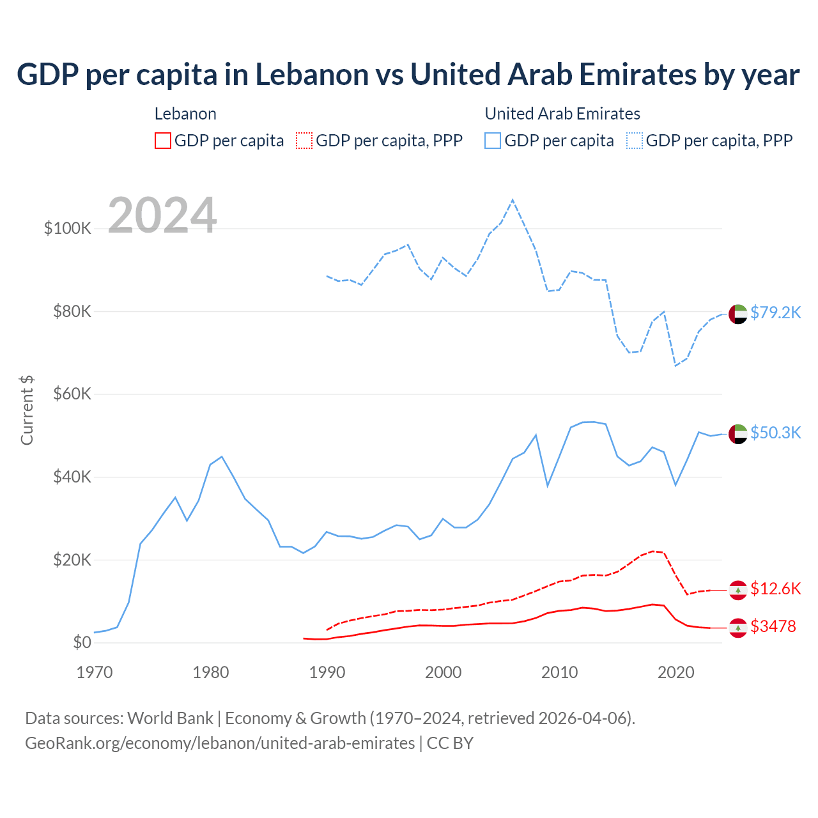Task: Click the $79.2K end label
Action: click(775, 313)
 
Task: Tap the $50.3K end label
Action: click(775, 433)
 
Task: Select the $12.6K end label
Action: click(775, 589)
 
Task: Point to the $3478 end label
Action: click(773, 626)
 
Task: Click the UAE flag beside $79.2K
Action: click(737, 314)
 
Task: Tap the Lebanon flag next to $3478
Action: click(737, 628)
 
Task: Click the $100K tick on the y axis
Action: click(68, 228)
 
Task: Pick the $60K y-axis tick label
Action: click(72, 394)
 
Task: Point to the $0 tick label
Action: click(81, 642)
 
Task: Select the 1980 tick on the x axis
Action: click(211, 672)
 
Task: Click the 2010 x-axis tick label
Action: click(559, 672)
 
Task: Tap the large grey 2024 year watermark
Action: click(162, 215)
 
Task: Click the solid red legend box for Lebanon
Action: click(163, 141)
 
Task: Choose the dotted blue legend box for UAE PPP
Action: click(635, 141)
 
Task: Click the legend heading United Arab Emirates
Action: click(562, 114)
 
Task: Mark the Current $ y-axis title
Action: click(27, 410)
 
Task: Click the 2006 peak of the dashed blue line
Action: click(513, 201)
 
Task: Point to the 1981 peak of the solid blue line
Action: click(222, 456)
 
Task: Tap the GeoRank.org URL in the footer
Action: click(220, 743)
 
